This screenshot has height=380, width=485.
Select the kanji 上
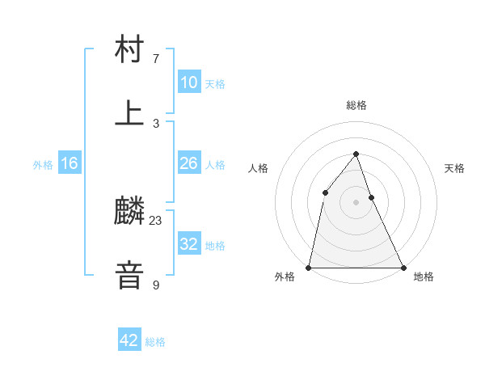(x=129, y=113)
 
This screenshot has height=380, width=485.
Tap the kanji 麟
(x=129, y=212)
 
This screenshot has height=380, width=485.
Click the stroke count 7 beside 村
(x=156, y=59)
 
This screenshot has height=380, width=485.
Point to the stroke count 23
(x=156, y=221)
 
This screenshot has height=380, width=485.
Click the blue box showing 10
(x=189, y=82)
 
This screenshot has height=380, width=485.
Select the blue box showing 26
(x=189, y=163)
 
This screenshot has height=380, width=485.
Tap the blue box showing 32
(x=189, y=244)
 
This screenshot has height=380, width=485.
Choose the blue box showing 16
(x=70, y=163)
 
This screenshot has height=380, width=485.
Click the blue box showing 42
(x=129, y=340)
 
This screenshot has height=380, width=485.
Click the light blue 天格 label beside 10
(x=215, y=84)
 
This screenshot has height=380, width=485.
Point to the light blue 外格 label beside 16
(x=43, y=165)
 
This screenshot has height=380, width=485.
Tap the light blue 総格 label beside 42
(x=155, y=342)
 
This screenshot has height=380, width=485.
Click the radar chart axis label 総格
(x=356, y=105)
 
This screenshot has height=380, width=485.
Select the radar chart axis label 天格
(x=454, y=168)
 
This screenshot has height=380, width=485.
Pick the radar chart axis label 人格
(x=258, y=168)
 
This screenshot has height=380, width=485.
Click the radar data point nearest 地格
(x=403, y=267)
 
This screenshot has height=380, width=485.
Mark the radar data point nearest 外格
(x=309, y=267)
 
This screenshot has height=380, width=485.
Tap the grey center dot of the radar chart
(x=356, y=201)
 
